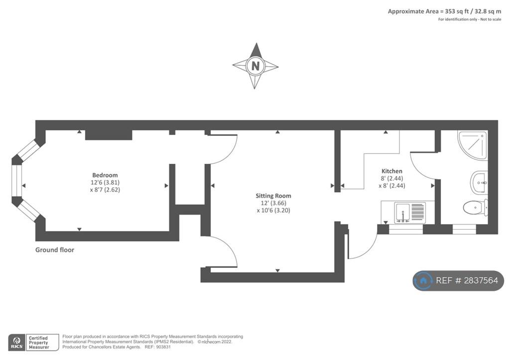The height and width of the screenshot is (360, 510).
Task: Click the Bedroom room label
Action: pos(105,175)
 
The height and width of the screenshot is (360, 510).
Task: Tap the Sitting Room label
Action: pos(273,196)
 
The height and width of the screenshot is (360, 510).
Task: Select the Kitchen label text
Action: pos(392,171)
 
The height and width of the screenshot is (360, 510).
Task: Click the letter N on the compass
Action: pos(255,66)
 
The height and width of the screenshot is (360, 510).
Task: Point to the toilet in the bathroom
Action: pos(475,207)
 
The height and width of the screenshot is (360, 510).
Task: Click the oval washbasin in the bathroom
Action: pos(479,183)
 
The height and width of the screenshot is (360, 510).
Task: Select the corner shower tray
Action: pos(473,145)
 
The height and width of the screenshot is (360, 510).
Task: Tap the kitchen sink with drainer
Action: pos(410,213)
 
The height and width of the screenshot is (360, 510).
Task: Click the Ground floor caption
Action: pos(55,250)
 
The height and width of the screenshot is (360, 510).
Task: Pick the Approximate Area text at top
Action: pos(444,11)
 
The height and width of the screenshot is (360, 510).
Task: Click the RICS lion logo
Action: pos(17,342)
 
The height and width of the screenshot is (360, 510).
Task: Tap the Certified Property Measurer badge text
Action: pos(38,343)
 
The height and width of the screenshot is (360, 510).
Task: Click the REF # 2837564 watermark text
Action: pos(467,280)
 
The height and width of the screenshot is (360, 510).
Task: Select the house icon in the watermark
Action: pos(423,280)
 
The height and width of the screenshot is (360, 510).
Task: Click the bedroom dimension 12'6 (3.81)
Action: pos(105,182)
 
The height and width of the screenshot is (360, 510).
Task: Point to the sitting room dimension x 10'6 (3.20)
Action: pos(273,210)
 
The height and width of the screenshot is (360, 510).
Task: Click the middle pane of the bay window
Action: pos(17,181)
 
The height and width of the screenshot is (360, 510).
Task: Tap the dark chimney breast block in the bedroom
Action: pos(109,135)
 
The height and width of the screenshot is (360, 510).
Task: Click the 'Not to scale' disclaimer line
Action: pos(470,19)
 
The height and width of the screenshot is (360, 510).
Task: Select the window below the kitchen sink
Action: pos(405,229)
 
